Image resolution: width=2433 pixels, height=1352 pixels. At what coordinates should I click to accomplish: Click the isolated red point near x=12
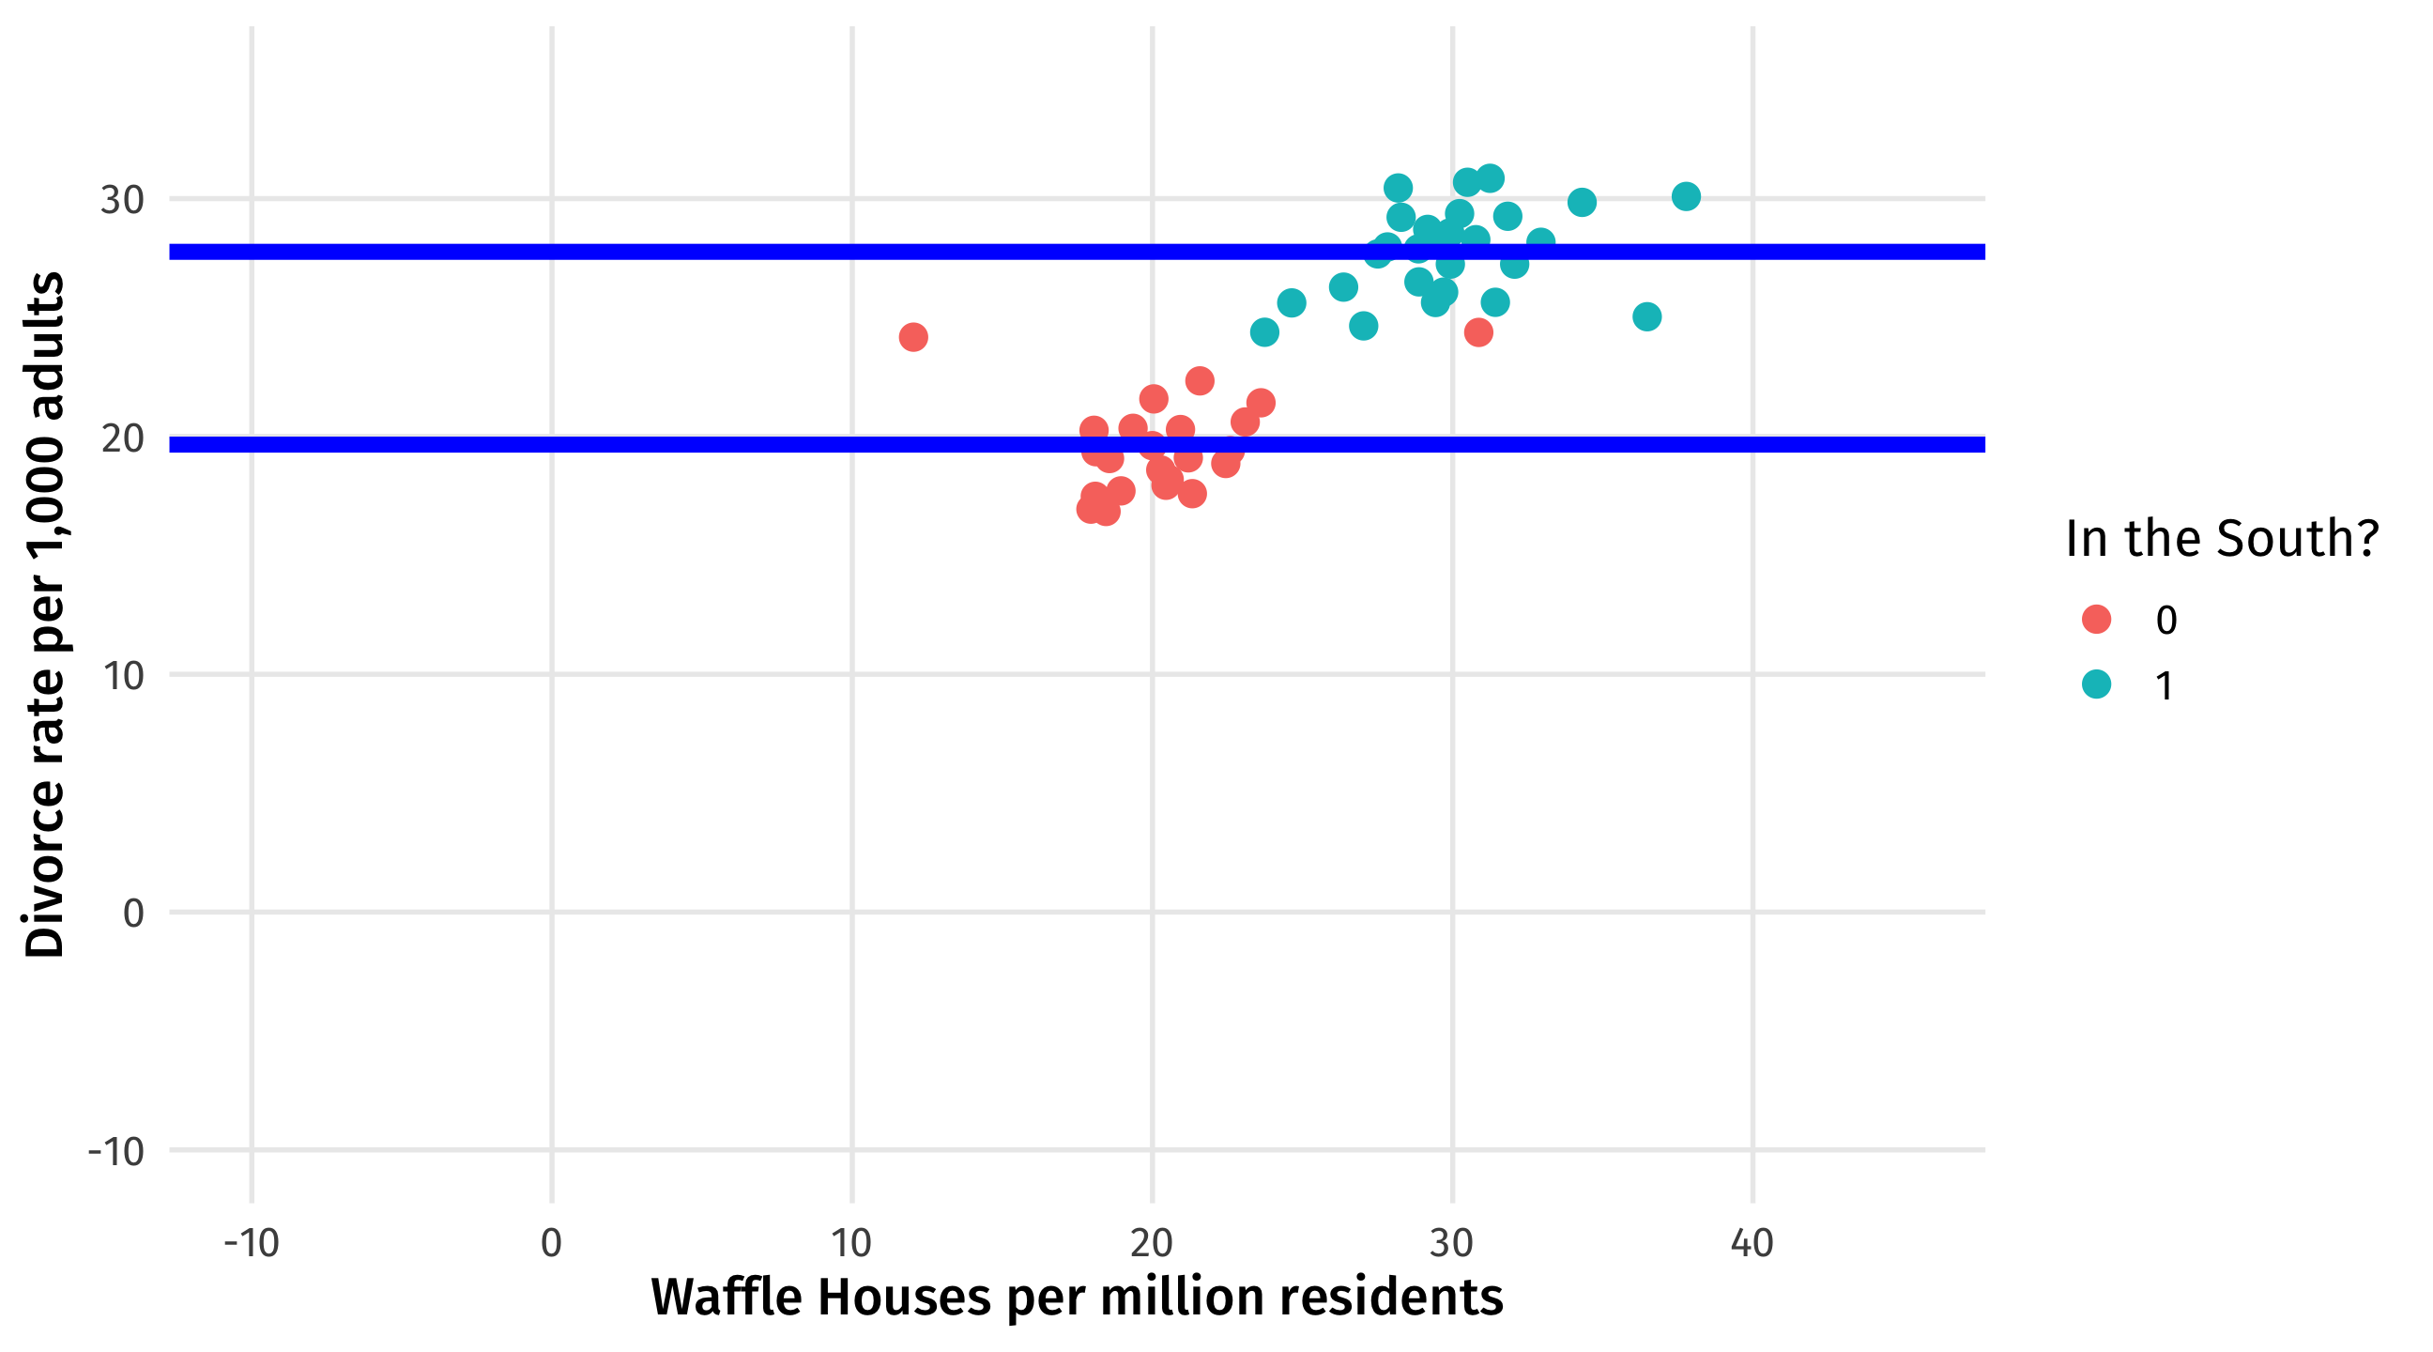(x=913, y=337)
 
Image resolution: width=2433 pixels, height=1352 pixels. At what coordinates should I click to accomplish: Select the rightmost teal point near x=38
(x=1686, y=196)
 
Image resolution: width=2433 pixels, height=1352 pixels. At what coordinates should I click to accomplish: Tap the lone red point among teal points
(x=1478, y=332)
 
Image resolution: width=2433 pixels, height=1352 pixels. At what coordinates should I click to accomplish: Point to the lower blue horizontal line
(x=661, y=445)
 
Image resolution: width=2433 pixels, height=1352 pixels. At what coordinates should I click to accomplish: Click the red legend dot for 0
(x=2097, y=620)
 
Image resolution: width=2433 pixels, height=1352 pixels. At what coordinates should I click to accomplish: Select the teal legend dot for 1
(x=2097, y=685)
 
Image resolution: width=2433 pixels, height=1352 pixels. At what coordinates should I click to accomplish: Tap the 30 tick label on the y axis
(x=123, y=200)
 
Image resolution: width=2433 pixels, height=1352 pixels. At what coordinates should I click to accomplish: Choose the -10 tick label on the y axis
(x=116, y=1152)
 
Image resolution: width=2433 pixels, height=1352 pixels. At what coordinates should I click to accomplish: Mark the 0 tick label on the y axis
(x=133, y=914)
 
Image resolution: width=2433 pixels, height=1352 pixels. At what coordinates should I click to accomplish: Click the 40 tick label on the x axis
(x=1752, y=1243)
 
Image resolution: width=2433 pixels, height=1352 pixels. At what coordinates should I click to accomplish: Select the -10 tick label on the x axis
(x=252, y=1243)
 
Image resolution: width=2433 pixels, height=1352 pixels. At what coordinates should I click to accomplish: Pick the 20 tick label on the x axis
(x=1152, y=1243)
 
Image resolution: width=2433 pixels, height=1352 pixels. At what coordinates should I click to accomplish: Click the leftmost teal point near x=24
(x=1264, y=332)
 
